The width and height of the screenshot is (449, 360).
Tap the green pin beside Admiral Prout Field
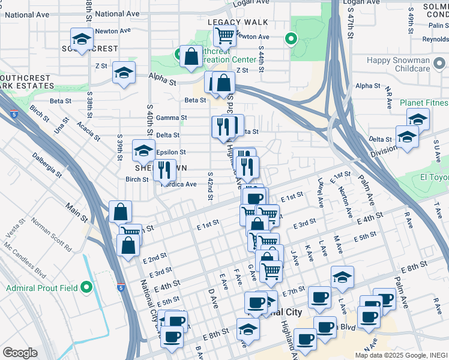coord(88,288)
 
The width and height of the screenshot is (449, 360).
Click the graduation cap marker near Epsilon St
coord(143,151)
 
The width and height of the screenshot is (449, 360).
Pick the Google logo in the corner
coord(20,353)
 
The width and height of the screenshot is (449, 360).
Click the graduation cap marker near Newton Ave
coord(80,40)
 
